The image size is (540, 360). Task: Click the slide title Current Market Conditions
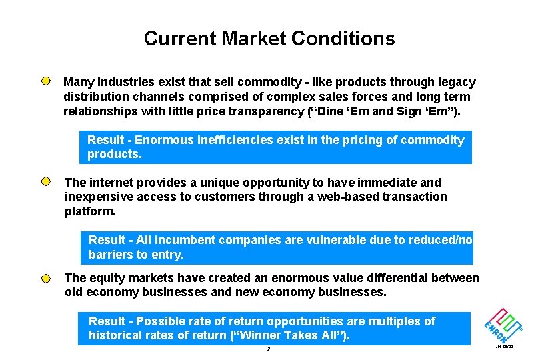(x=269, y=39)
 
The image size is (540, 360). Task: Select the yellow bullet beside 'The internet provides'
(x=45, y=181)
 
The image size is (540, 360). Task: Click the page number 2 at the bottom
(x=267, y=349)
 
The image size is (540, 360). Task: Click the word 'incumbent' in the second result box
(x=172, y=240)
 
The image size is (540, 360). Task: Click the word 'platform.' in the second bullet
(x=90, y=211)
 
